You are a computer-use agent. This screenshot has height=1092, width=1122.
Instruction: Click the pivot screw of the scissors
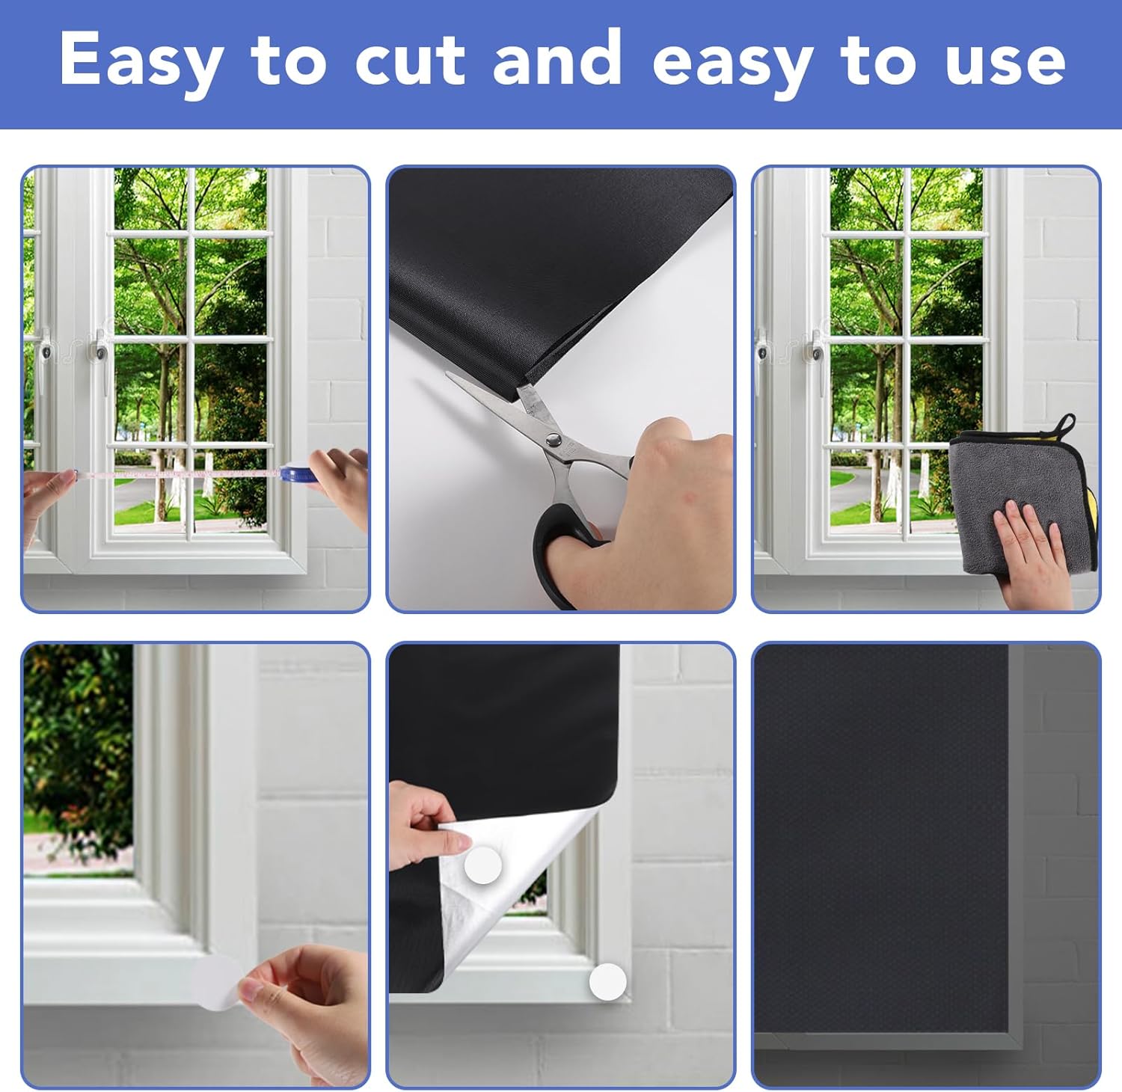tap(554, 440)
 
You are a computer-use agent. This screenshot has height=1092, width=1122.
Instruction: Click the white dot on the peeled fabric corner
tap(483, 865)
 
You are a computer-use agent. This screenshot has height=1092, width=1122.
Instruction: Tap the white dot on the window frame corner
tap(607, 982)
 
